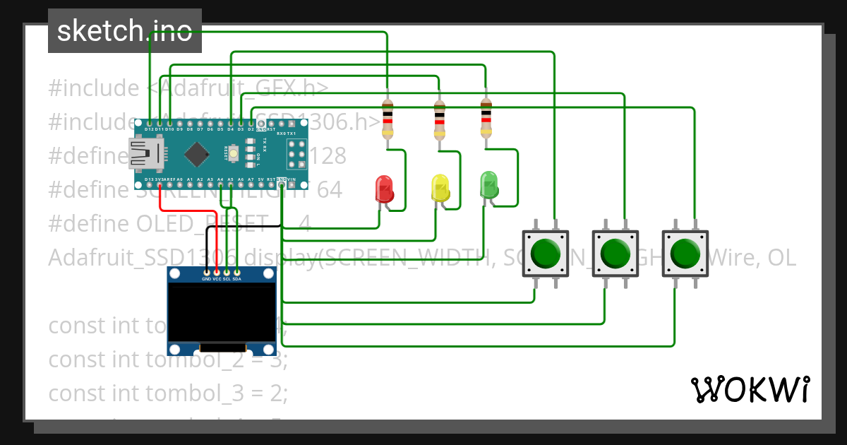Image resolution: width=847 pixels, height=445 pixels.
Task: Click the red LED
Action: coord(384,189)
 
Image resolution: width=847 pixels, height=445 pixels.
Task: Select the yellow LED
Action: coord(440,189)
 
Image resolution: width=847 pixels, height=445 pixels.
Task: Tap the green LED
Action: coord(488,184)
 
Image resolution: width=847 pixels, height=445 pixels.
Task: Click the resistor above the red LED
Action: coord(388,119)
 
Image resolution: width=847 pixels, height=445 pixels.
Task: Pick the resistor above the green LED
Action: coord(486,118)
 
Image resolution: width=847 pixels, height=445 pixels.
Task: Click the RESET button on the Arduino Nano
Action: coord(234,150)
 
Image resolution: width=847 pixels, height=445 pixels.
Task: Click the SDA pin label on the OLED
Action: coord(237,279)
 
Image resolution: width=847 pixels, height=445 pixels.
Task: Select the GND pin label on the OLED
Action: coord(206,279)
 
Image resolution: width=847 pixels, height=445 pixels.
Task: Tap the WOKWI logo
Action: coord(750,389)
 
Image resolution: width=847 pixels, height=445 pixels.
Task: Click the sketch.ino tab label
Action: coord(125,31)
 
